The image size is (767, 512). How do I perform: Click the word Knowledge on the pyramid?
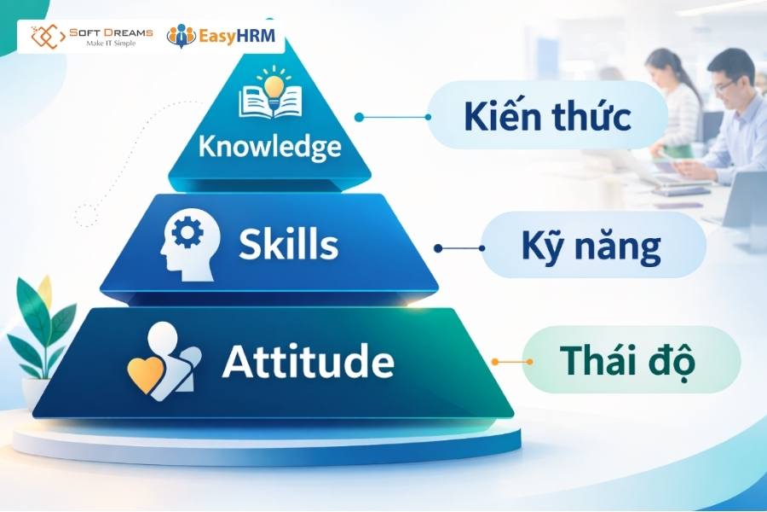pos(269,146)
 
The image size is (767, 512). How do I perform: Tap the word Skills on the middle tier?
pos(288,245)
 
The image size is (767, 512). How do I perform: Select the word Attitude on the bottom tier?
pos(308,362)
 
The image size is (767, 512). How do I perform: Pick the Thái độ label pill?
pos(628,362)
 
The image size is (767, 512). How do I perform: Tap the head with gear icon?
pos(190,243)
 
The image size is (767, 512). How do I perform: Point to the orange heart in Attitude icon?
pos(143,374)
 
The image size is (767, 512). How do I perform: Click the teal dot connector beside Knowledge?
pos(360,117)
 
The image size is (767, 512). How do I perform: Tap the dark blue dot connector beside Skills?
pos(438,248)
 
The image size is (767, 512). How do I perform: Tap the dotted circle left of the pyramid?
pos(86,215)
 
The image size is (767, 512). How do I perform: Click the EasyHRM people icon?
pos(181,36)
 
